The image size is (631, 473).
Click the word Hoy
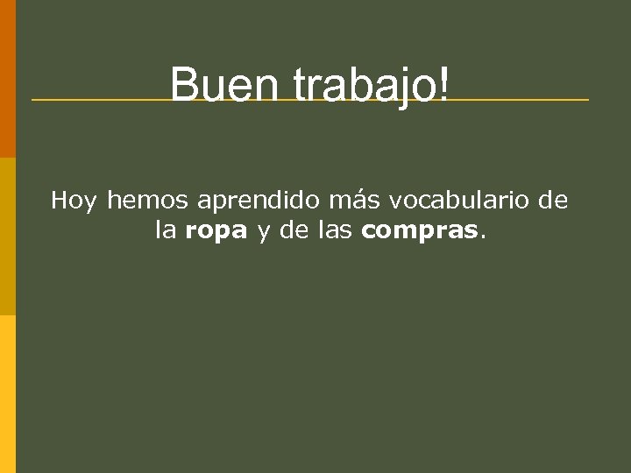[x=74, y=201]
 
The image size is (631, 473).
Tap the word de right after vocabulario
[x=552, y=201]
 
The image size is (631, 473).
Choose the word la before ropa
[x=166, y=231]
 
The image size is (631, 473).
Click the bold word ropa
[x=216, y=233]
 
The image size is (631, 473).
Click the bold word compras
[x=419, y=233]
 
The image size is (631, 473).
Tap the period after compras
[x=481, y=238]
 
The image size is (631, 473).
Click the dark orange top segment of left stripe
[x=7, y=79]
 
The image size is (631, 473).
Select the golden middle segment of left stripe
[x=7, y=236]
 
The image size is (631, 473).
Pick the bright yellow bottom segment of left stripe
[x=7, y=394]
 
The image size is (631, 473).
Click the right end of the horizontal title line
[x=585, y=100]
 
